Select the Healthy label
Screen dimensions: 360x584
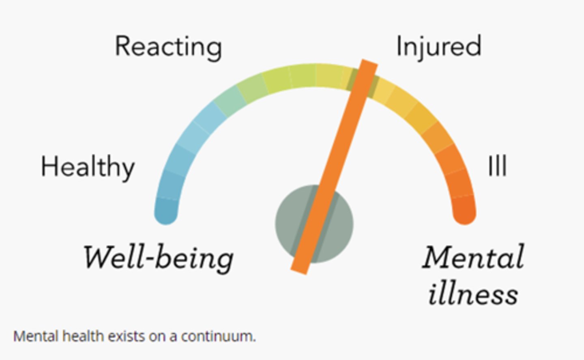(88, 167)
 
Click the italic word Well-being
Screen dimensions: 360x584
(158, 258)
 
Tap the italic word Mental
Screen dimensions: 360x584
(473, 258)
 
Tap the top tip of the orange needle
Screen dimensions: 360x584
(369, 63)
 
